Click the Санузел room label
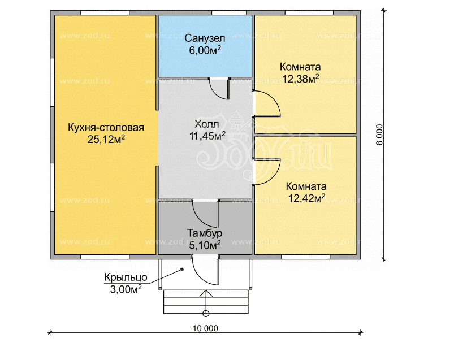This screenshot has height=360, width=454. (x=205, y=38)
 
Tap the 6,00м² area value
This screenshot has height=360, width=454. (x=205, y=50)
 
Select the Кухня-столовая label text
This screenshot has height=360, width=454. (x=106, y=128)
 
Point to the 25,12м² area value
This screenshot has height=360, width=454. (x=106, y=140)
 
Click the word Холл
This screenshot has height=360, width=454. (x=206, y=124)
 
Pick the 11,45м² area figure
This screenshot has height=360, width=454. (x=207, y=136)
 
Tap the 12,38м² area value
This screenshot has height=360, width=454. (x=301, y=79)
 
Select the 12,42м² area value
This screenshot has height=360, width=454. (x=306, y=198)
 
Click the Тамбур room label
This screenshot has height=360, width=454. (x=205, y=233)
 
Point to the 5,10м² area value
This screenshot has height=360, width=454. (x=205, y=245)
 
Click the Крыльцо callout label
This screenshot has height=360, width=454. (x=126, y=277)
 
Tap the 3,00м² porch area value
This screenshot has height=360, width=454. (x=126, y=289)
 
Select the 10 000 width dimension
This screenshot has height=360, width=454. (x=205, y=328)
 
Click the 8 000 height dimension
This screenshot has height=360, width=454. (x=379, y=135)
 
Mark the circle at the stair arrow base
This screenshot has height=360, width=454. (x=206, y=314)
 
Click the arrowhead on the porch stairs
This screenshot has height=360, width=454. (x=206, y=293)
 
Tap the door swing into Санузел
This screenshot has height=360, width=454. (x=216, y=93)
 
